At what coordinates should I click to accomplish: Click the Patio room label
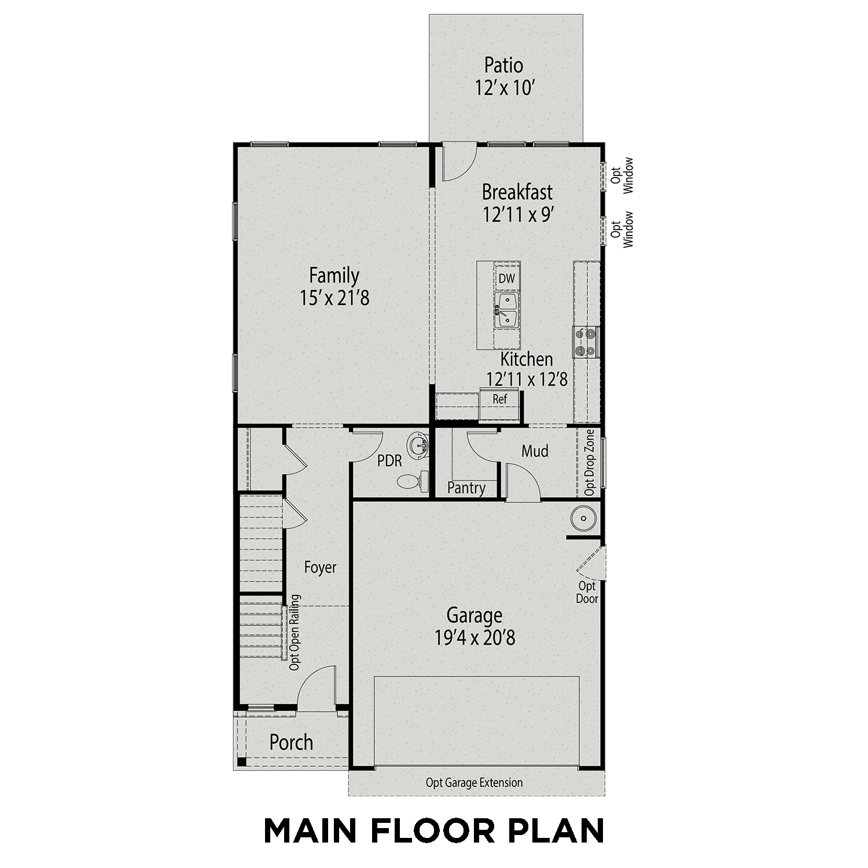503,65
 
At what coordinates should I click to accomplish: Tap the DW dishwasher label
506,278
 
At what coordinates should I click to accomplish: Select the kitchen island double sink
506,310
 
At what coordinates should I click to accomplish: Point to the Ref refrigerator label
499,399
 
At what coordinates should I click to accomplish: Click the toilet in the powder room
412,480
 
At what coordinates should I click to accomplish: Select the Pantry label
466,488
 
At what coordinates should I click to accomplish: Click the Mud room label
535,451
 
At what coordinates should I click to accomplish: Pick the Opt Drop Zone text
590,462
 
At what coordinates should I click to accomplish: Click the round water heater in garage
583,518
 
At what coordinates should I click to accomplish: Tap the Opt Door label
587,593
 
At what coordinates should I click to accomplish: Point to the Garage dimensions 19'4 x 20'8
475,638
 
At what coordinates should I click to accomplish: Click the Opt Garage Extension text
474,783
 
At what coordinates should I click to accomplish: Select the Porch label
291,742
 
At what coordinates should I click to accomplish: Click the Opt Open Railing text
295,632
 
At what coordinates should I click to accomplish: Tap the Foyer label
320,568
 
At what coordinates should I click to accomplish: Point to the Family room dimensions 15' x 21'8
334,298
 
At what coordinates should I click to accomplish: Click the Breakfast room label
517,192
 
